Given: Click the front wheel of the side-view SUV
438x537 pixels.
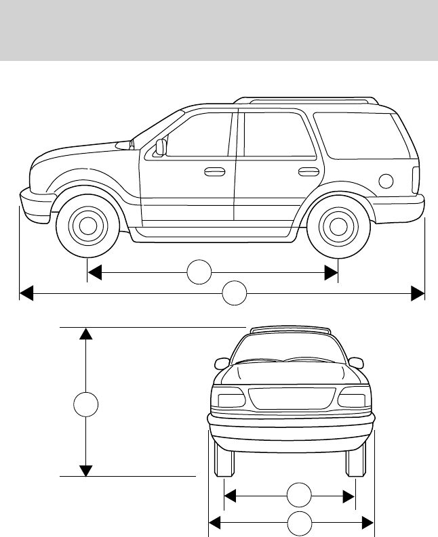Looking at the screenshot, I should pos(87,225).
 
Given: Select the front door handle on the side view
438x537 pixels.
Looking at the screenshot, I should pos(214,171).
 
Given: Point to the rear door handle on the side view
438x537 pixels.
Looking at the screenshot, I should pos(308,171).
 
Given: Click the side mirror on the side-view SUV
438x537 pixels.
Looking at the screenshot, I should pos(161,147).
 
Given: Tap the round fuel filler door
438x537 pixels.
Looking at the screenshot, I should pos(386,180).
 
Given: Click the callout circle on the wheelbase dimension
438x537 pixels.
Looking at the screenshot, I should pos(199,272).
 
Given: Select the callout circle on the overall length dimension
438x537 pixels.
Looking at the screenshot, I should pos(235,294).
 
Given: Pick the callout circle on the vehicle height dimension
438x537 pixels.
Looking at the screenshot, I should pos(85,404).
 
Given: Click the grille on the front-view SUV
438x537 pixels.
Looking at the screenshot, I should pos(292,400).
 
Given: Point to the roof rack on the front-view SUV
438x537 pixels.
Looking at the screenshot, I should pos(290,330).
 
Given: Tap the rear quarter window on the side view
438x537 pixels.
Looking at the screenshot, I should pos(363,136).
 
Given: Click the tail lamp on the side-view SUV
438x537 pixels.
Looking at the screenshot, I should pos(416,179).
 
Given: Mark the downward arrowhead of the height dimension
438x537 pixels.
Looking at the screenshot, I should pos(85,470).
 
